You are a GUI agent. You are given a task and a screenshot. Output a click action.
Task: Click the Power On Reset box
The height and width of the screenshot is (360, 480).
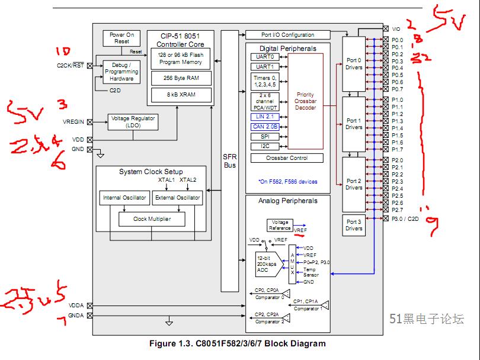pos(121,38)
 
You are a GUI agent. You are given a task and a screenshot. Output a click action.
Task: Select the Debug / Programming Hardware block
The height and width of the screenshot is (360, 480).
pos(121,71)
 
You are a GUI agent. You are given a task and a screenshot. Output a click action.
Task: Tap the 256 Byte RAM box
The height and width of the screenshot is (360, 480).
pos(181,78)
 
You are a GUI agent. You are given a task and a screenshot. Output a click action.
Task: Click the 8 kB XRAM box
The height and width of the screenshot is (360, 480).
pos(181,94)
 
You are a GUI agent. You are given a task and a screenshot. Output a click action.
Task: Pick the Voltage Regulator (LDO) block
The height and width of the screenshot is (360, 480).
pos(133,122)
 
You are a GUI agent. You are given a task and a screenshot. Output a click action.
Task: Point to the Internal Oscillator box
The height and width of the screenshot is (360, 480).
pos(124,198)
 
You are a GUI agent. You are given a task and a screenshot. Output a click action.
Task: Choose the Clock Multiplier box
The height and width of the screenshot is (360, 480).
pos(151,218)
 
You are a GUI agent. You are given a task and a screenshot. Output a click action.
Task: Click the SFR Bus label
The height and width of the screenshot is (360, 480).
pos(229,161)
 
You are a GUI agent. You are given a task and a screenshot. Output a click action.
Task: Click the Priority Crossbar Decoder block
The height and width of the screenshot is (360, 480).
pos(306,101)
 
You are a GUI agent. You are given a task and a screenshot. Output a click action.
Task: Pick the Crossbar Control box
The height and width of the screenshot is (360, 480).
pos(287,158)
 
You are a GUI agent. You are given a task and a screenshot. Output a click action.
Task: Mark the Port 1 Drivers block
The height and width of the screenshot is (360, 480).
pos(354,124)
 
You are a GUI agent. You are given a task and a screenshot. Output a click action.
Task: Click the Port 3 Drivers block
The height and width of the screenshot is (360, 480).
pos(354,225)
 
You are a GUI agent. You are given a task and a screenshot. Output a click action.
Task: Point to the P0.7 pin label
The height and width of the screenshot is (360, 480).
pos(397,89)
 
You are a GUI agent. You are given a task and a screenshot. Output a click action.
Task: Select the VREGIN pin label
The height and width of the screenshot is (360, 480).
pos(73,122)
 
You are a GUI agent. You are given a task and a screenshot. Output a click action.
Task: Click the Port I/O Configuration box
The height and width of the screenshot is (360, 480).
pos(288,35)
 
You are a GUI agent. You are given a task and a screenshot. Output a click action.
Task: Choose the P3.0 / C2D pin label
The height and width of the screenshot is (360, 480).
pos(405,218)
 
